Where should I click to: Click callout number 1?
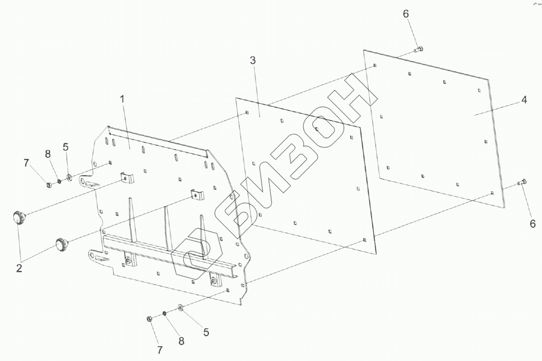pyautogui.click(x=122, y=99)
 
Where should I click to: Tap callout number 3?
pyautogui.click(x=253, y=60)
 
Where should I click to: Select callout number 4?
pyautogui.click(x=524, y=100)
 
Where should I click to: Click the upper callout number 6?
pyautogui.click(x=406, y=14)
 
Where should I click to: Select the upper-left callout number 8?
pyautogui.click(x=48, y=152)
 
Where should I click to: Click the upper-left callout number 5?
pyautogui.click(x=65, y=147)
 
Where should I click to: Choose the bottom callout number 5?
pyautogui.click(x=206, y=333)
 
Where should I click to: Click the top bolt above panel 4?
pyautogui.click(x=418, y=50)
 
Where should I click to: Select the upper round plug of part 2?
pyautogui.click(x=19, y=218)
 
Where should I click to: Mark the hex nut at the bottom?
pyautogui.click(x=150, y=318)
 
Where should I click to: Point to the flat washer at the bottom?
pyautogui.click(x=180, y=307)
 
